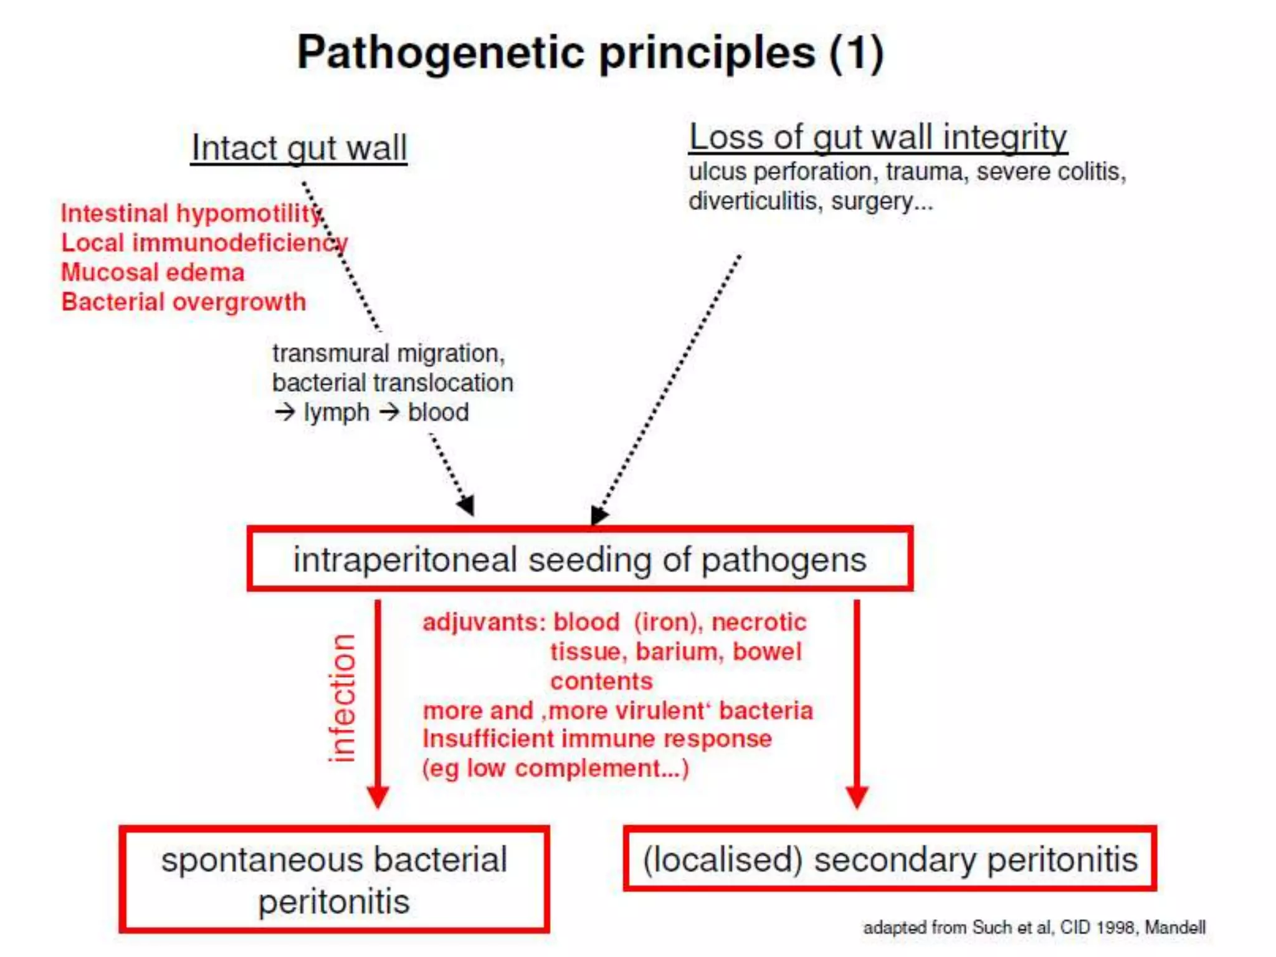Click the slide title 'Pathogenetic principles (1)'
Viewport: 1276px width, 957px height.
click(x=589, y=53)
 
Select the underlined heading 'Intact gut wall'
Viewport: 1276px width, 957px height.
click(x=299, y=148)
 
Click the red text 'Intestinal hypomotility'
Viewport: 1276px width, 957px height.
click(x=190, y=214)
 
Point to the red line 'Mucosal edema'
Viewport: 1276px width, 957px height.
click(x=153, y=273)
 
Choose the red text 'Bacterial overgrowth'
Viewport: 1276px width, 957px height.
click(x=184, y=302)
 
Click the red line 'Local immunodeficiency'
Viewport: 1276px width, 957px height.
click(x=204, y=243)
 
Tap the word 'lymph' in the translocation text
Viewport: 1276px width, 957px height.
click(x=336, y=412)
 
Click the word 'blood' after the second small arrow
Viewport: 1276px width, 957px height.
click(x=438, y=412)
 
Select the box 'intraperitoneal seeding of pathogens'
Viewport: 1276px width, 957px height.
click(x=579, y=559)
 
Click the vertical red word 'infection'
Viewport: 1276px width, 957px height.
click(x=341, y=698)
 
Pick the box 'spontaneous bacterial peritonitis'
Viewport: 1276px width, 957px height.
click(x=334, y=880)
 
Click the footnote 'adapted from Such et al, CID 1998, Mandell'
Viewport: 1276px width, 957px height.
click(x=1034, y=927)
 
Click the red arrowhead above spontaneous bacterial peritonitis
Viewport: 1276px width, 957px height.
click(x=378, y=796)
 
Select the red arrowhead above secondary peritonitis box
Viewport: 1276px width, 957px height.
click(x=857, y=796)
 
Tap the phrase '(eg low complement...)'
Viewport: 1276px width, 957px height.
click(x=555, y=768)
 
